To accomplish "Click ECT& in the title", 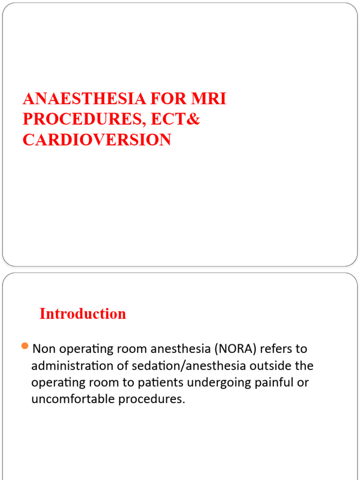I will (175, 120).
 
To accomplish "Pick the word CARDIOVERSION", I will (97, 140).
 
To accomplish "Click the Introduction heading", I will (83, 314).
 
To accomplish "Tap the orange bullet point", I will (25, 347).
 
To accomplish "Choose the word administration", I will (68, 366).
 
